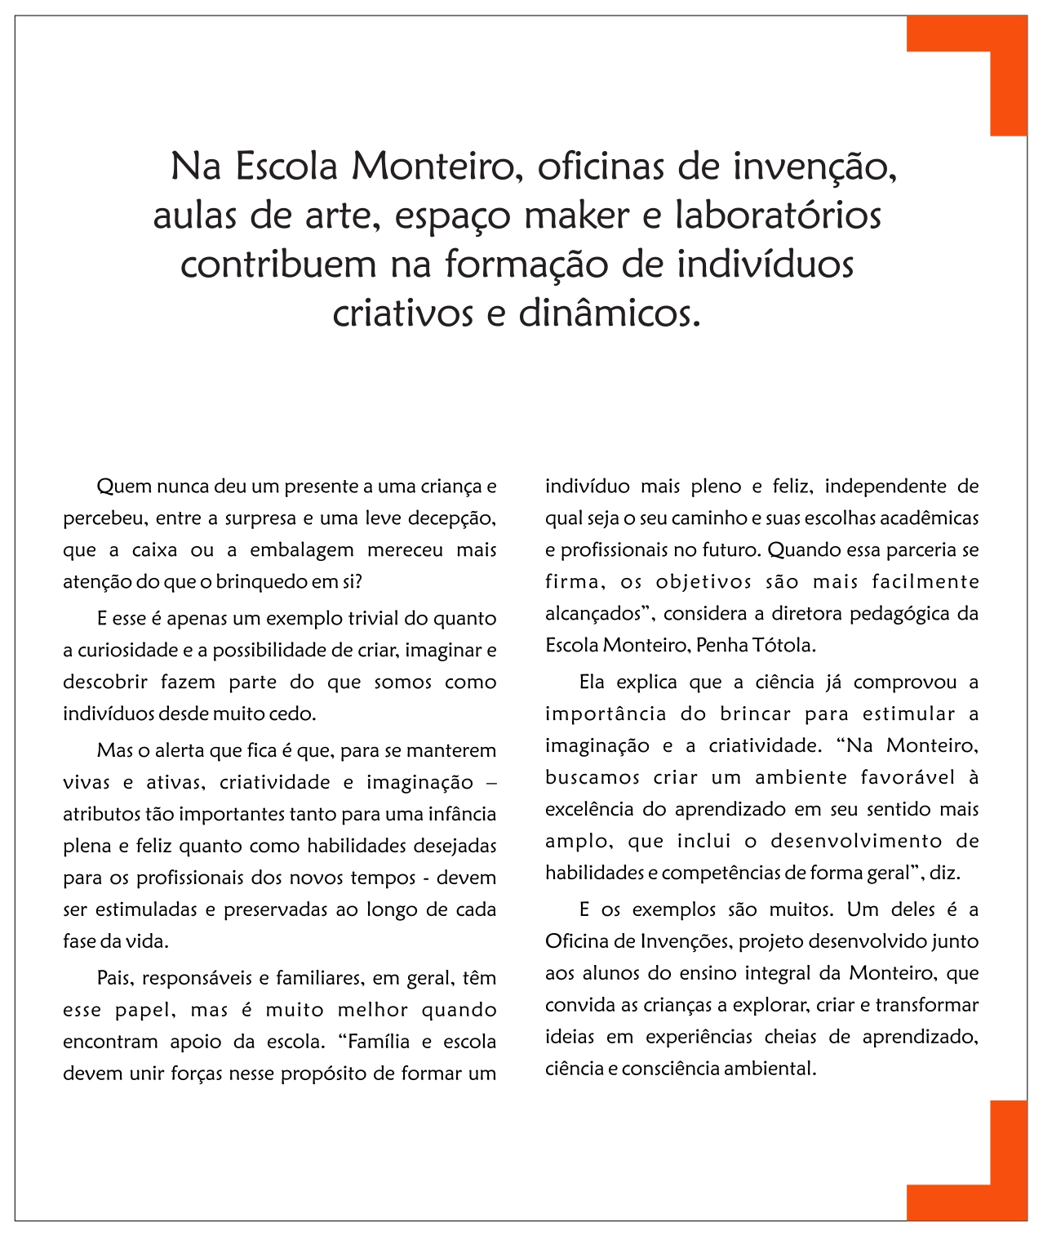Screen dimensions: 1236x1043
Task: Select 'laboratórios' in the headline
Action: click(x=778, y=216)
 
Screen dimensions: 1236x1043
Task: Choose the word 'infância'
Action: click(x=462, y=814)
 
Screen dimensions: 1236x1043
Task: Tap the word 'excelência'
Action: click(x=588, y=810)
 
